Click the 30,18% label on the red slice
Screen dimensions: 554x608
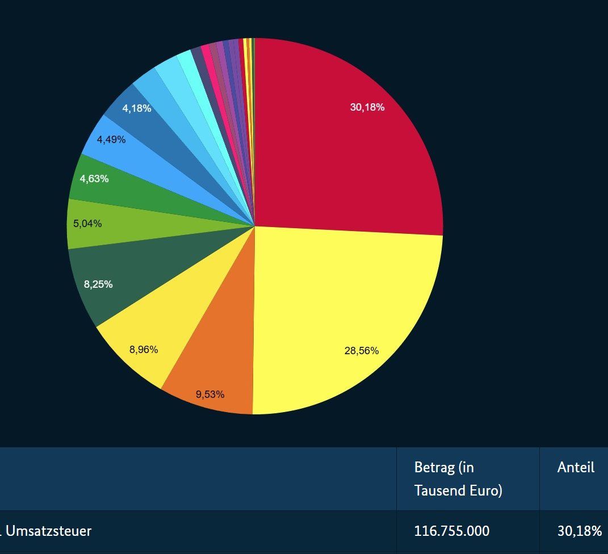click(367, 107)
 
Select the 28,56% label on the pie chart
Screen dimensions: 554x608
click(361, 351)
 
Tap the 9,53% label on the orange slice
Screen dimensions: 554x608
click(210, 394)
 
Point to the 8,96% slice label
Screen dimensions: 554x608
click(144, 350)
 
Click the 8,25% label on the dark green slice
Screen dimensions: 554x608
click(98, 284)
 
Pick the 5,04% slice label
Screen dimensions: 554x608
click(87, 224)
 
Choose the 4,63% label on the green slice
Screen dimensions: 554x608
click(94, 179)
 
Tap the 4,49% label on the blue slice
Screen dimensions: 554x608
click(111, 139)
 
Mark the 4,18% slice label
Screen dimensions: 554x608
click(137, 108)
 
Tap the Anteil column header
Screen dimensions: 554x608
click(576, 467)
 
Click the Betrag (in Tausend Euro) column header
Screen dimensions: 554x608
click(458, 479)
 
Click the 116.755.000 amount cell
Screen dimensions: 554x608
click(452, 531)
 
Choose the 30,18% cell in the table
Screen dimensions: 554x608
click(580, 531)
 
